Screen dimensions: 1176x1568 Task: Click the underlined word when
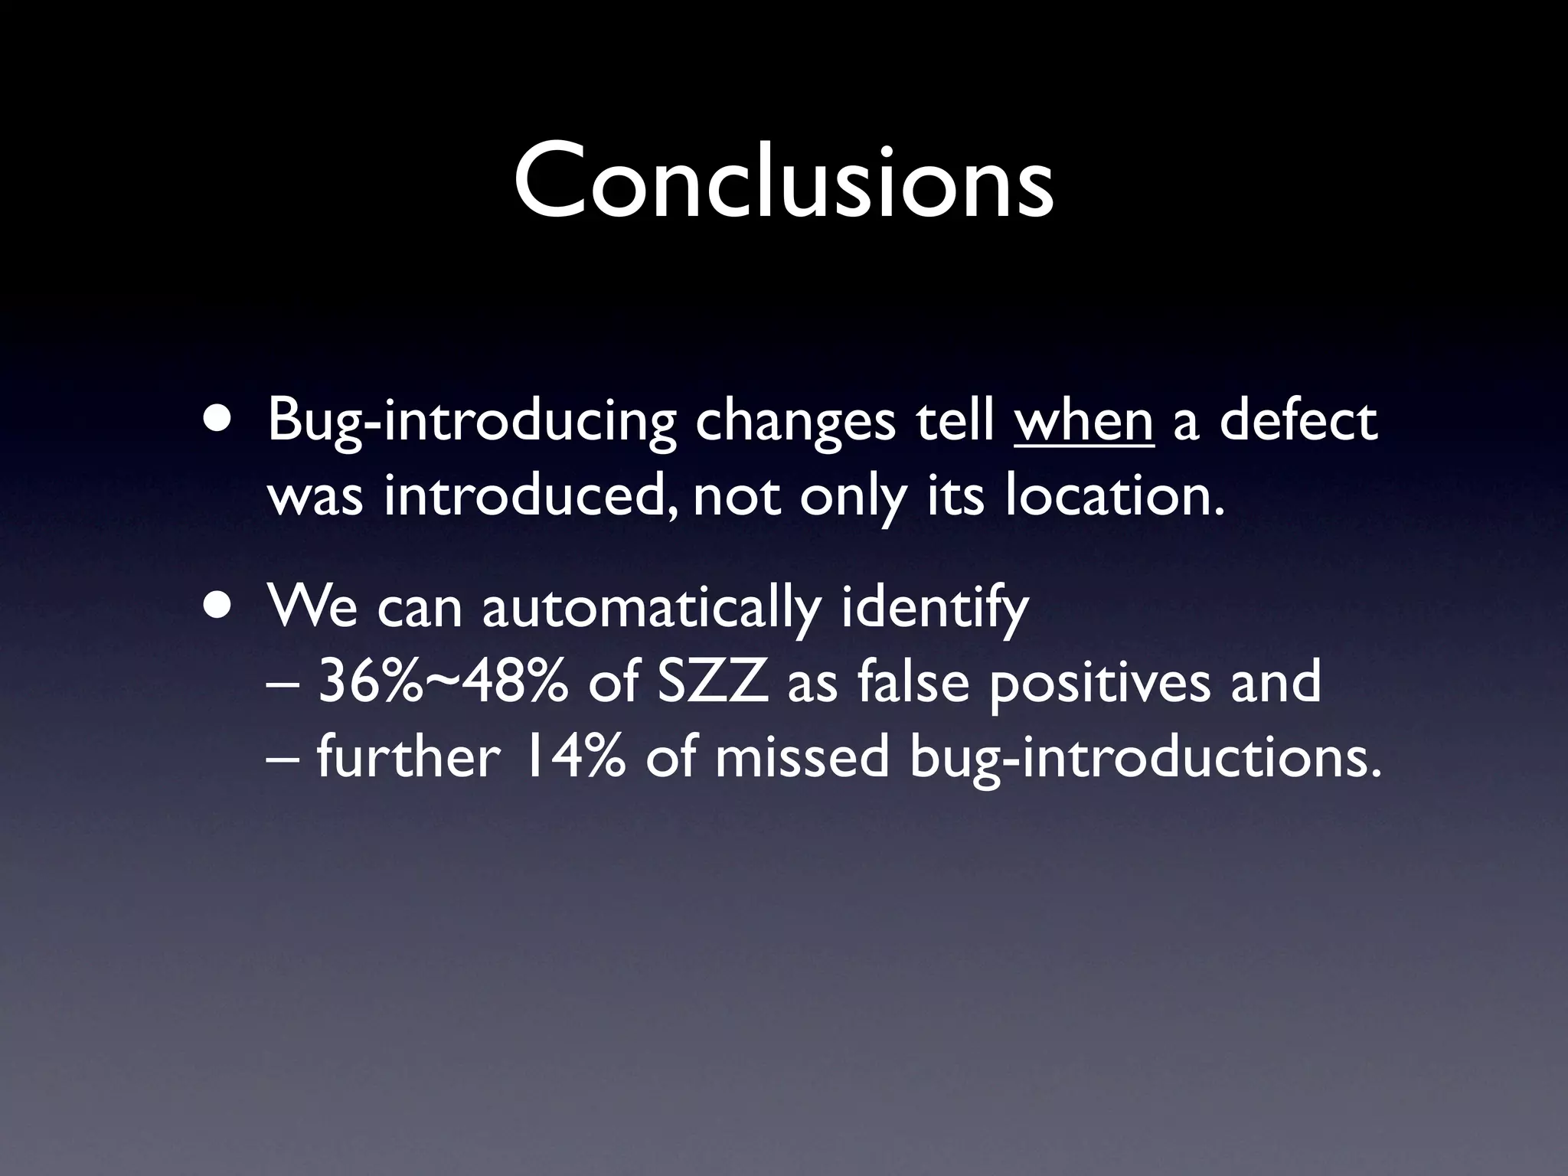[x=1083, y=422]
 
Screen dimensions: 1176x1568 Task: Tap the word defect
[x=1298, y=422]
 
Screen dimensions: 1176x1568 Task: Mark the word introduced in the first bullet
[x=529, y=495]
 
